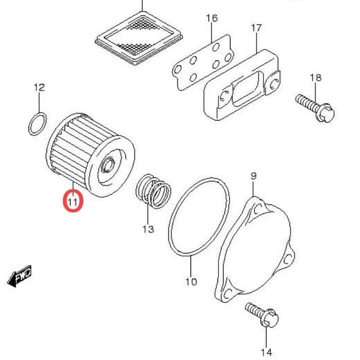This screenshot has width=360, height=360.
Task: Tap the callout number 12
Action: pos(40,87)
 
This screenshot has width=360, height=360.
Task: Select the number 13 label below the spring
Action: pos(148,229)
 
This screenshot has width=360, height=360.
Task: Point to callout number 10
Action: pos(191,281)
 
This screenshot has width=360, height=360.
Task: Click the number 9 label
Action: pos(253,176)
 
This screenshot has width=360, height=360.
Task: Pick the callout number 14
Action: pos(266,352)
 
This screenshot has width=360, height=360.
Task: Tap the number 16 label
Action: pos(212,19)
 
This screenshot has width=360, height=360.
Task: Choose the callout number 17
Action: pos(257,28)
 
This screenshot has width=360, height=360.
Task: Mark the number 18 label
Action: pos(315,78)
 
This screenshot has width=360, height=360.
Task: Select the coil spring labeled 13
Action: pos(153,191)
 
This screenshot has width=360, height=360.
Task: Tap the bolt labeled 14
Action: pos(263,314)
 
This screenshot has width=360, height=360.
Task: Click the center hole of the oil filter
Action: pos(107,166)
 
